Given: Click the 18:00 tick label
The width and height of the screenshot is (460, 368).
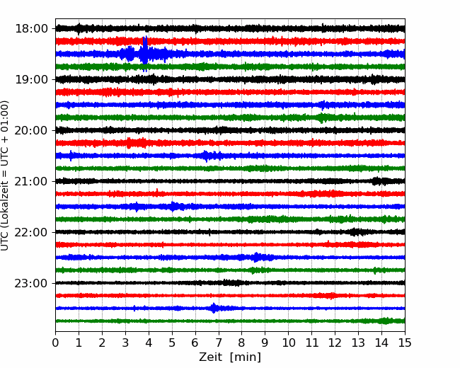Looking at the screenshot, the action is pyautogui.click(x=31, y=29).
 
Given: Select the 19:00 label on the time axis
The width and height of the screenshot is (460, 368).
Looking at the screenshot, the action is pyautogui.click(x=31, y=79).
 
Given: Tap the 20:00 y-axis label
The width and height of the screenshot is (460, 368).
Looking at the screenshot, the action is pyautogui.click(x=31, y=131).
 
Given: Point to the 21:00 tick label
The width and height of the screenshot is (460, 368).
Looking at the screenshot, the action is pyautogui.click(x=31, y=181).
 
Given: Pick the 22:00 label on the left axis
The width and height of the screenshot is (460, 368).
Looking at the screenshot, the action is pyautogui.click(x=31, y=232).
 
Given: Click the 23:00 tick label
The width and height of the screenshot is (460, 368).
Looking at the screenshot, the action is pyautogui.click(x=31, y=283).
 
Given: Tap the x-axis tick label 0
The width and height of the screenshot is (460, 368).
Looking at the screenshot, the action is pyautogui.click(x=55, y=343).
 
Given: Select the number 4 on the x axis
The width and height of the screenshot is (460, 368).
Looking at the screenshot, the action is pyautogui.click(x=149, y=343).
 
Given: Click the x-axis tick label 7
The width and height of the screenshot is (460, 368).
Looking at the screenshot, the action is pyautogui.click(x=219, y=343).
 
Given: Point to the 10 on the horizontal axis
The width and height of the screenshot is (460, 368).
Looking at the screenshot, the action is pyautogui.click(x=288, y=343).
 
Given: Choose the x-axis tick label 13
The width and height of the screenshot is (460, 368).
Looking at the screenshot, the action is pyautogui.click(x=358, y=343).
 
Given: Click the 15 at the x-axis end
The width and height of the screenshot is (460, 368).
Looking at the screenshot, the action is pyautogui.click(x=405, y=343).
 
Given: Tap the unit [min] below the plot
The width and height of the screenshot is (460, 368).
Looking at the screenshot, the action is pyautogui.click(x=246, y=357).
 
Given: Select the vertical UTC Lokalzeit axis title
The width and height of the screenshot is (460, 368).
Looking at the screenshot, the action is pyautogui.click(x=5, y=176).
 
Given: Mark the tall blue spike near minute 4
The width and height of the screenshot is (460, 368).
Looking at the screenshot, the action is pyautogui.click(x=144, y=54).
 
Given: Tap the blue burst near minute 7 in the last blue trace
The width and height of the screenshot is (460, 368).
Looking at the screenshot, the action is pyautogui.click(x=214, y=308).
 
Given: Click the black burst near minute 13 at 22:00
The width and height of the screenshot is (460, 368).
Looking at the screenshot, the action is pyautogui.click(x=355, y=232).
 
